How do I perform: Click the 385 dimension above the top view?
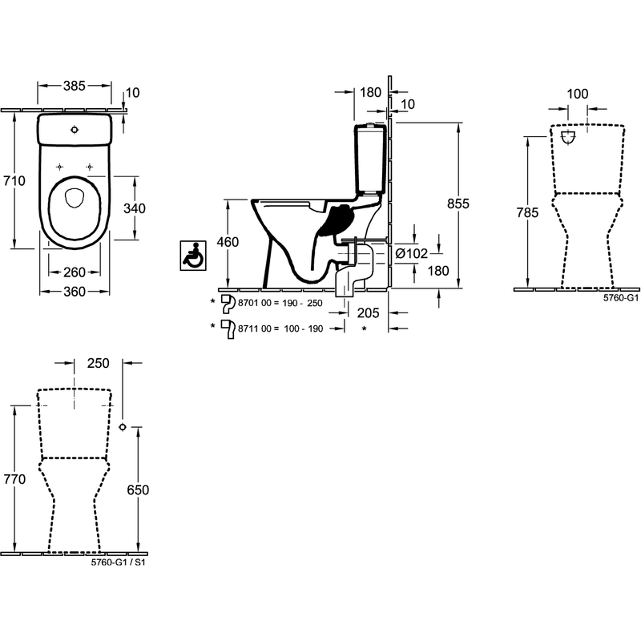pyautogui.click(x=75, y=86)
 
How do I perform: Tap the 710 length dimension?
pyautogui.click(x=14, y=181)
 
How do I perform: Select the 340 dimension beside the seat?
pyautogui.click(x=135, y=208)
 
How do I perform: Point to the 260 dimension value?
pyautogui.click(x=75, y=272)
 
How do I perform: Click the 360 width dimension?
pyautogui.click(x=75, y=292)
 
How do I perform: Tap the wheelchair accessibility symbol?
pyautogui.click(x=193, y=256)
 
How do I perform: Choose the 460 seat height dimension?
pyautogui.click(x=228, y=242)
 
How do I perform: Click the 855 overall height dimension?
pyautogui.click(x=458, y=204)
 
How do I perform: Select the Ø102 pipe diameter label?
pyautogui.click(x=412, y=254)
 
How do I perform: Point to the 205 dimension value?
pyautogui.click(x=369, y=313)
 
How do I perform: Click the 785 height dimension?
pyautogui.click(x=527, y=212)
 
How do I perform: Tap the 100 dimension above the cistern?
pyautogui.click(x=577, y=94)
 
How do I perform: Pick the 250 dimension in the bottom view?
pyautogui.click(x=98, y=364)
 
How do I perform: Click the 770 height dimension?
pyautogui.click(x=14, y=479)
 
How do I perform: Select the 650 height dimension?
pyautogui.click(x=138, y=490)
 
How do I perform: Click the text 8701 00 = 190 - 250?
pyautogui.click(x=280, y=304)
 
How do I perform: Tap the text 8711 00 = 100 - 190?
pyautogui.click(x=280, y=329)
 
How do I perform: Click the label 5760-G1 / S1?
pyautogui.click(x=118, y=562)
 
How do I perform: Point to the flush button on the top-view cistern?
pyautogui.click(x=75, y=130)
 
